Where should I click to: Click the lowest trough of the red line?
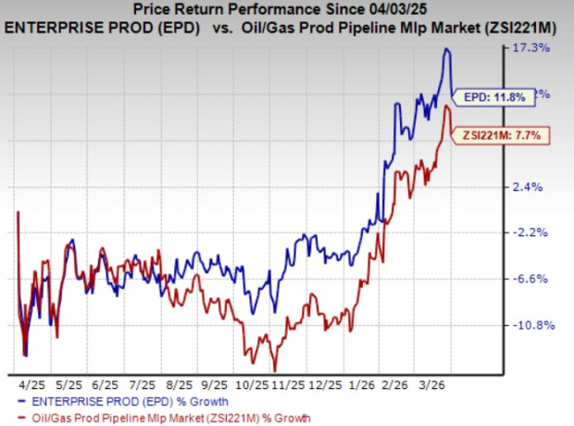tap(274, 370)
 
